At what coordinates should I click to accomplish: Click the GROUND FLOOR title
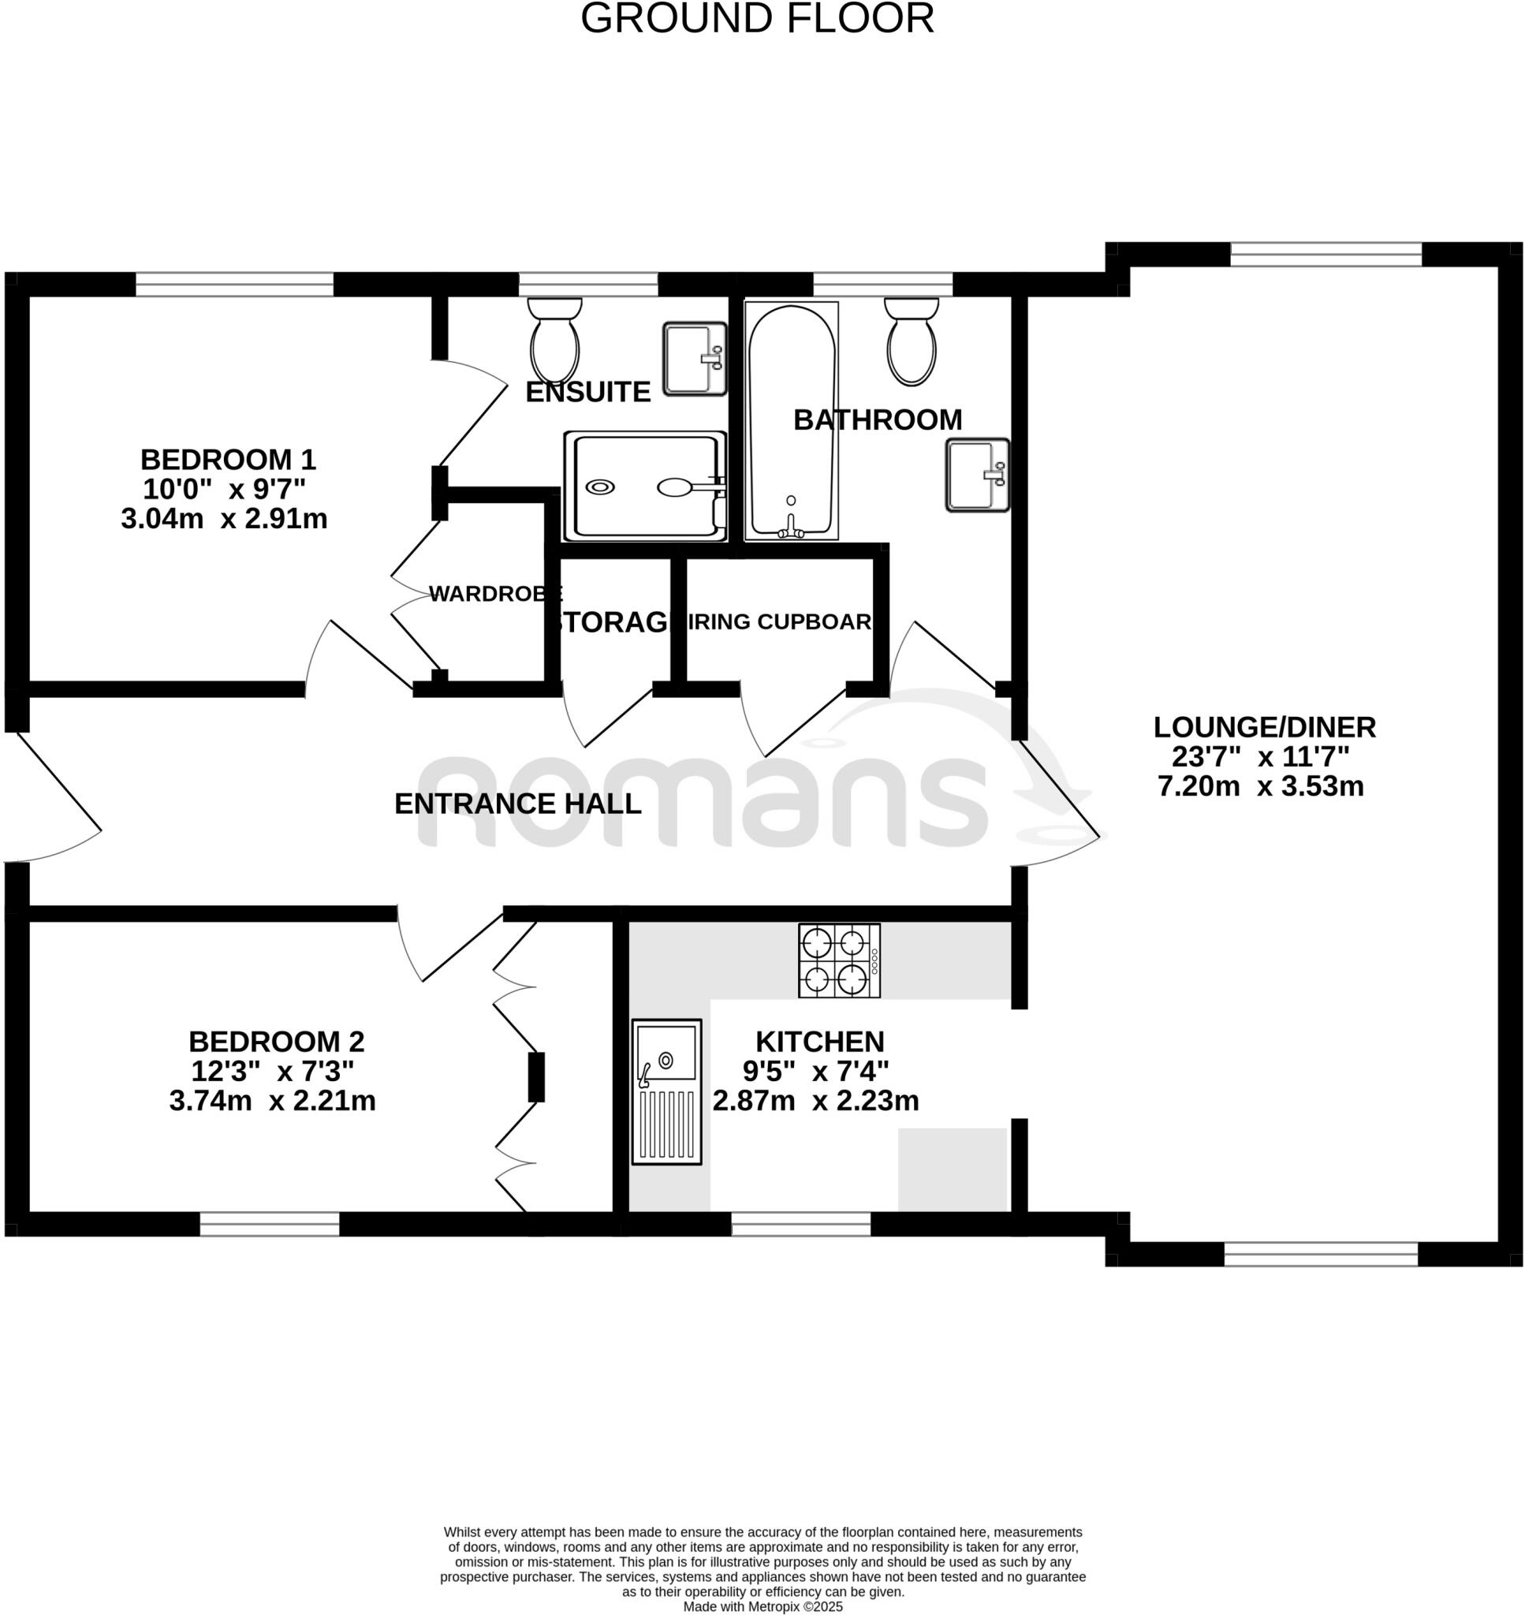coord(757,19)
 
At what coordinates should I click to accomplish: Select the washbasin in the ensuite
coord(693,359)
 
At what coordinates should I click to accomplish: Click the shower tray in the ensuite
coord(646,486)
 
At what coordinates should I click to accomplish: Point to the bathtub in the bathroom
coord(791,421)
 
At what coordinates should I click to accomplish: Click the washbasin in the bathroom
coord(976,475)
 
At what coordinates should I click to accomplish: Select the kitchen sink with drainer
coord(666,1091)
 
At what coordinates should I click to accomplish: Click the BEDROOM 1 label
coord(228,460)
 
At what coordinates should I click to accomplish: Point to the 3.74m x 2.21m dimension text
coord(272,1102)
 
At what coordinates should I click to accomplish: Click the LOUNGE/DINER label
coord(1264,726)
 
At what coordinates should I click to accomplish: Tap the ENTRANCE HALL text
coord(518,804)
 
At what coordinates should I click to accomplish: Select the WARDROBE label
coord(495,594)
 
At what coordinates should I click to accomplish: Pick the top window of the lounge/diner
coord(1325,255)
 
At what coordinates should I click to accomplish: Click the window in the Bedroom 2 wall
coord(269,1224)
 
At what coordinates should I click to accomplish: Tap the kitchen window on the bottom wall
coord(800,1224)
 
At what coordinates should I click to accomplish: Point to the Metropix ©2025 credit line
coord(762,1607)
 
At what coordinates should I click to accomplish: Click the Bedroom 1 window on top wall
coord(234,285)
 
